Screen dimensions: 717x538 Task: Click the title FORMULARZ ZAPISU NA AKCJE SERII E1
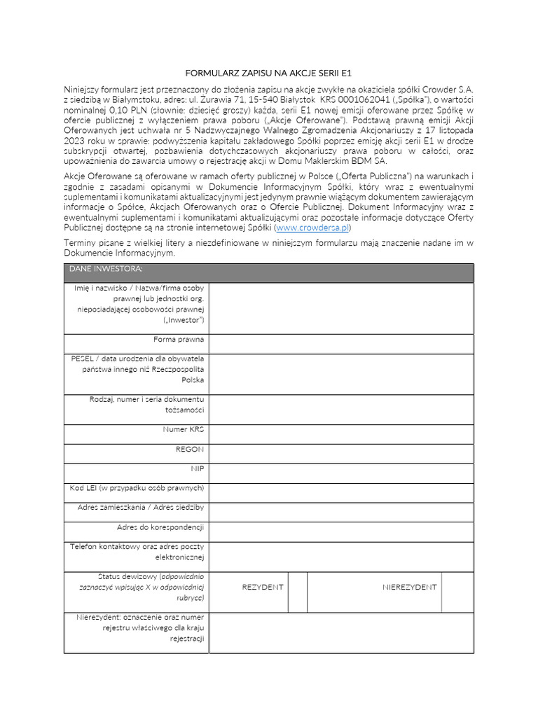[268, 72]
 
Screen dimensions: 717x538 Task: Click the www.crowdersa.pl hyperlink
[312, 228]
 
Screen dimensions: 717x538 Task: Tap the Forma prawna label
[179, 340]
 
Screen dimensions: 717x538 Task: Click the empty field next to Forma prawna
[340, 343]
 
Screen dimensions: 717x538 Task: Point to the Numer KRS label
[183, 429]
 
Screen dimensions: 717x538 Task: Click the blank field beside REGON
[340, 453]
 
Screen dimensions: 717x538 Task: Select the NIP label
[197, 468]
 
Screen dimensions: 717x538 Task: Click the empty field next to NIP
[340, 473]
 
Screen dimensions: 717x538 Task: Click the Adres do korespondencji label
[160, 527]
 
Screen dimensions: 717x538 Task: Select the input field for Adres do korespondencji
[340, 531]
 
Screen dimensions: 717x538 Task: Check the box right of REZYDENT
[298, 592]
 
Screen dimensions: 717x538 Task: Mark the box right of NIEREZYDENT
[457, 592]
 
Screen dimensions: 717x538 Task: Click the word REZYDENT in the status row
[263, 587]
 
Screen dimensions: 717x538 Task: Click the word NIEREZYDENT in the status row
[409, 587]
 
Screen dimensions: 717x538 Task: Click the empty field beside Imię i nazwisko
[340, 308]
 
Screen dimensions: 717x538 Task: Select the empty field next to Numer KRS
[340, 433]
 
